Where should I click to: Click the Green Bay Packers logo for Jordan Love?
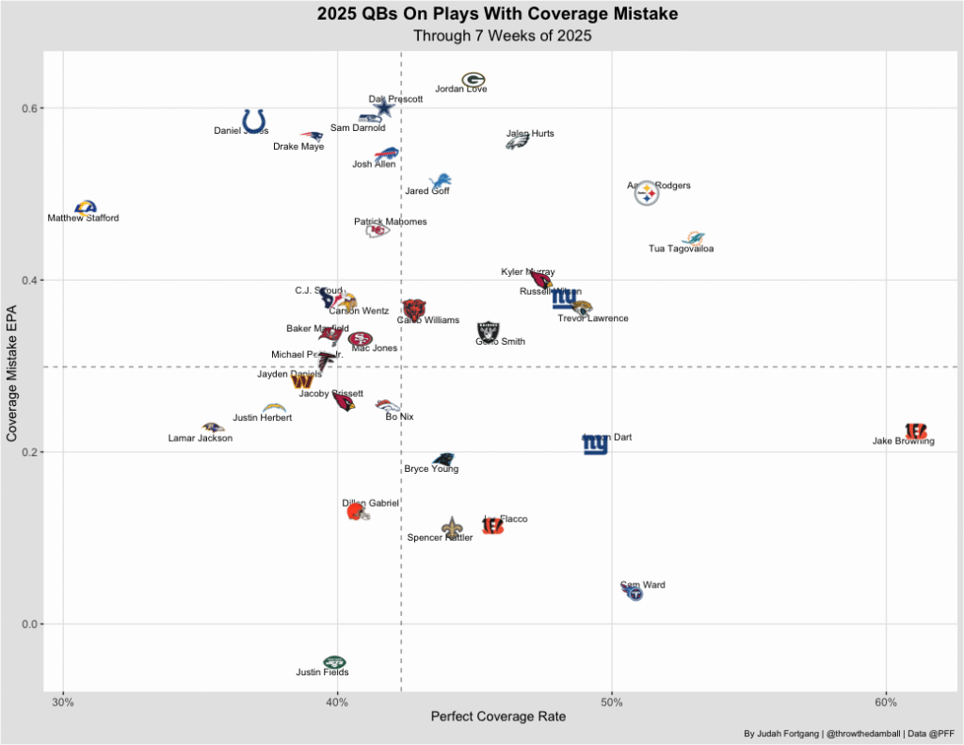tap(474, 80)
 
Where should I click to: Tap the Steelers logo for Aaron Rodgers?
tap(647, 195)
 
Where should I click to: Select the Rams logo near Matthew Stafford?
tap(86, 207)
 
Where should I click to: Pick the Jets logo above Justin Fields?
tap(334, 662)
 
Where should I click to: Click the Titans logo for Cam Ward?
tap(634, 593)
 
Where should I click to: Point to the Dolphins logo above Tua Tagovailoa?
tap(694, 238)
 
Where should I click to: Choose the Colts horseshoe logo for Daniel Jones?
tap(254, 121)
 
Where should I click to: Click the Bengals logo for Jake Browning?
tap(916, 432)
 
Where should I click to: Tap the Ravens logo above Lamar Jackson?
tap(213, 428)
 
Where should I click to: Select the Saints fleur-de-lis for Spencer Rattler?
tap(453, 527)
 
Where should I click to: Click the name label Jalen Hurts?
tap(530, 134)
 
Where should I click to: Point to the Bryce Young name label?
tap(431, 469)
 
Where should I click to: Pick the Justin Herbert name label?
tap(263, 417)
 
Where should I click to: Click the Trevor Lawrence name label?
tap(593, 318)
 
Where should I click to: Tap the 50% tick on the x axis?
tap(612, 702)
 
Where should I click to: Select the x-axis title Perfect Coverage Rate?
tap(498, 717)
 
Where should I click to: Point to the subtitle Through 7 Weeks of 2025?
tap(498, 36)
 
